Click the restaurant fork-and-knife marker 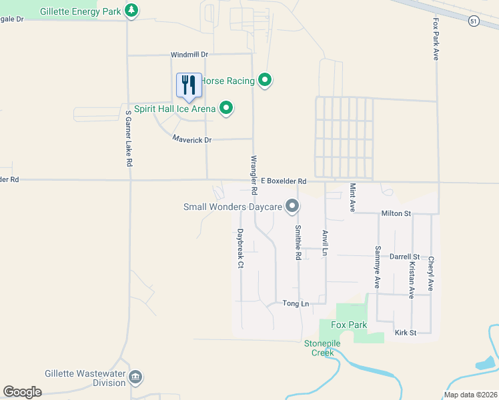(189, 85)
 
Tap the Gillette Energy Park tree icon (132, 10)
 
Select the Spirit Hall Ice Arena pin (226, 108)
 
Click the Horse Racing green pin (265, 81)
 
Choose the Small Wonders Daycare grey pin (292, 207)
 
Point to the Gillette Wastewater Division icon (135, 377)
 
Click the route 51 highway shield (473, 21)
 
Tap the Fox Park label (349, 325)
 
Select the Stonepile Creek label (323, 347)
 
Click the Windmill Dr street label (189, 54)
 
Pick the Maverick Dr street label (191, 139)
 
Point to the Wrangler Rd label (254, 175)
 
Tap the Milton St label (396, 213)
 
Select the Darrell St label (404, 256)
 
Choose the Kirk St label (405, 332)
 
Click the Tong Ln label (296, 303)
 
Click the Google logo (22, 392)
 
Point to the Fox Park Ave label (436, 40)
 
